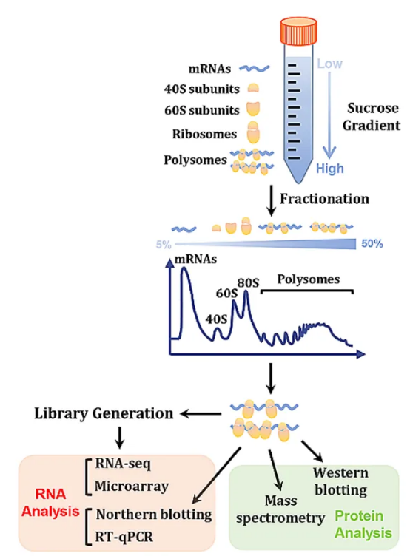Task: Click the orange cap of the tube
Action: point(298,31)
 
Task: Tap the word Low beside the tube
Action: point(330,64)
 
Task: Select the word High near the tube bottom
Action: point(330,169)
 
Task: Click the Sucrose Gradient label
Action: point(372,117)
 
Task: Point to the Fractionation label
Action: point(324,199)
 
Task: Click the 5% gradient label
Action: point(164,244)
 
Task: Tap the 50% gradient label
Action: point(372,243)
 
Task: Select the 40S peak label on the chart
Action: point(216,319)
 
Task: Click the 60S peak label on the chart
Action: point(226,294)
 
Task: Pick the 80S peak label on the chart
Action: point(248,283)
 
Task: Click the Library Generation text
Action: point(104,413)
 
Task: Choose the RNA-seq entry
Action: point(123,464)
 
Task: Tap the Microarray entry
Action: point(131,486)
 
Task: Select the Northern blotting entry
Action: point(154,514)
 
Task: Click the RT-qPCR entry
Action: point(124,537)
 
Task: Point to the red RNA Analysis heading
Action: point(50,503)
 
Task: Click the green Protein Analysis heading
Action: point(363,524)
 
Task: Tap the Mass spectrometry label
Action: point(280,509)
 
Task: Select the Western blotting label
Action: point(340,481)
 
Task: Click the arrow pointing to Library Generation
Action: point(201,413)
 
